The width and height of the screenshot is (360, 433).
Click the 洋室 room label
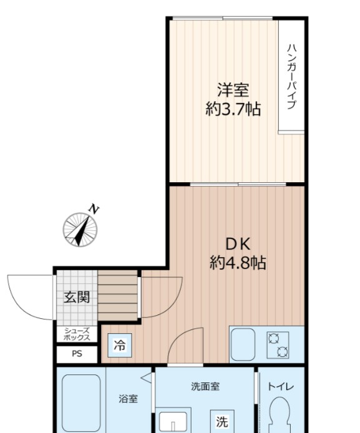(233, 90)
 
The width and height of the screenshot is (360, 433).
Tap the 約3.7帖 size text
(233, 110)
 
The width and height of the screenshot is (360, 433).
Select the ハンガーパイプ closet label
(291, 77)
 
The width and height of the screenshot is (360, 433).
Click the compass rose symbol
(80, 229)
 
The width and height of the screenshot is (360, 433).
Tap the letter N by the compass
(94, 209)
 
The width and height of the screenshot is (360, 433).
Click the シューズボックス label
(77, 334)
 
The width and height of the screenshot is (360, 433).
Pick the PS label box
(77, 354)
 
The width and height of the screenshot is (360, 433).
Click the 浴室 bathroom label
(129, 399)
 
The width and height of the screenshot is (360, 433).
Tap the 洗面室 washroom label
(205, 386)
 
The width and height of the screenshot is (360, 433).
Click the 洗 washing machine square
(221, 421)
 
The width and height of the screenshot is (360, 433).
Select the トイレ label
(280, 386)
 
